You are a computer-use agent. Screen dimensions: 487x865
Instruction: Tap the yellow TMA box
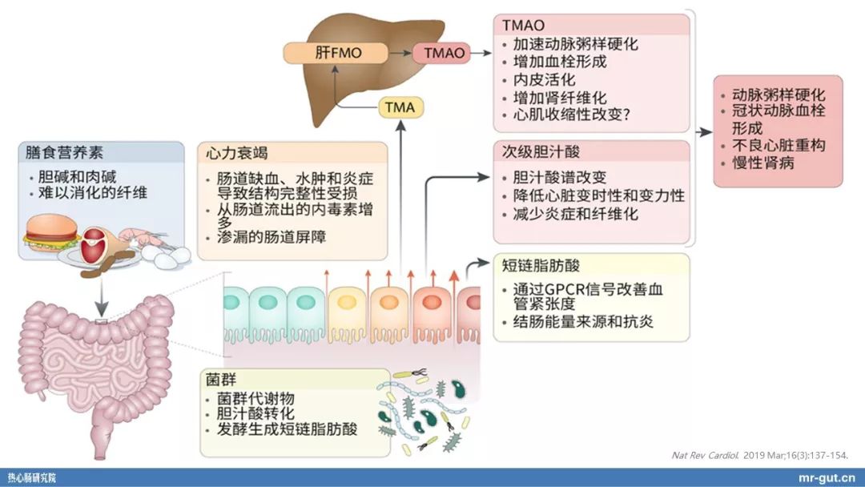[400, 107]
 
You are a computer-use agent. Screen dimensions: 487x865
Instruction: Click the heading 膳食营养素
[65, 151]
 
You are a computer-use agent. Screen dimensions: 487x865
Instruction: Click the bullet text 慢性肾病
[763, 163]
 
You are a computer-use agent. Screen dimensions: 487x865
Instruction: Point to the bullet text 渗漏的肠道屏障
[272, 238]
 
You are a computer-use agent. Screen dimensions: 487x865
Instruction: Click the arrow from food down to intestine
[102, 296]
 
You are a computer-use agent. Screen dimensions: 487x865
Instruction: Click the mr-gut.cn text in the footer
[828, 477]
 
